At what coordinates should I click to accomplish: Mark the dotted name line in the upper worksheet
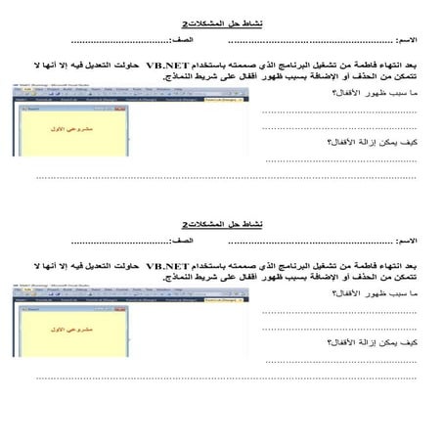[313, 42]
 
